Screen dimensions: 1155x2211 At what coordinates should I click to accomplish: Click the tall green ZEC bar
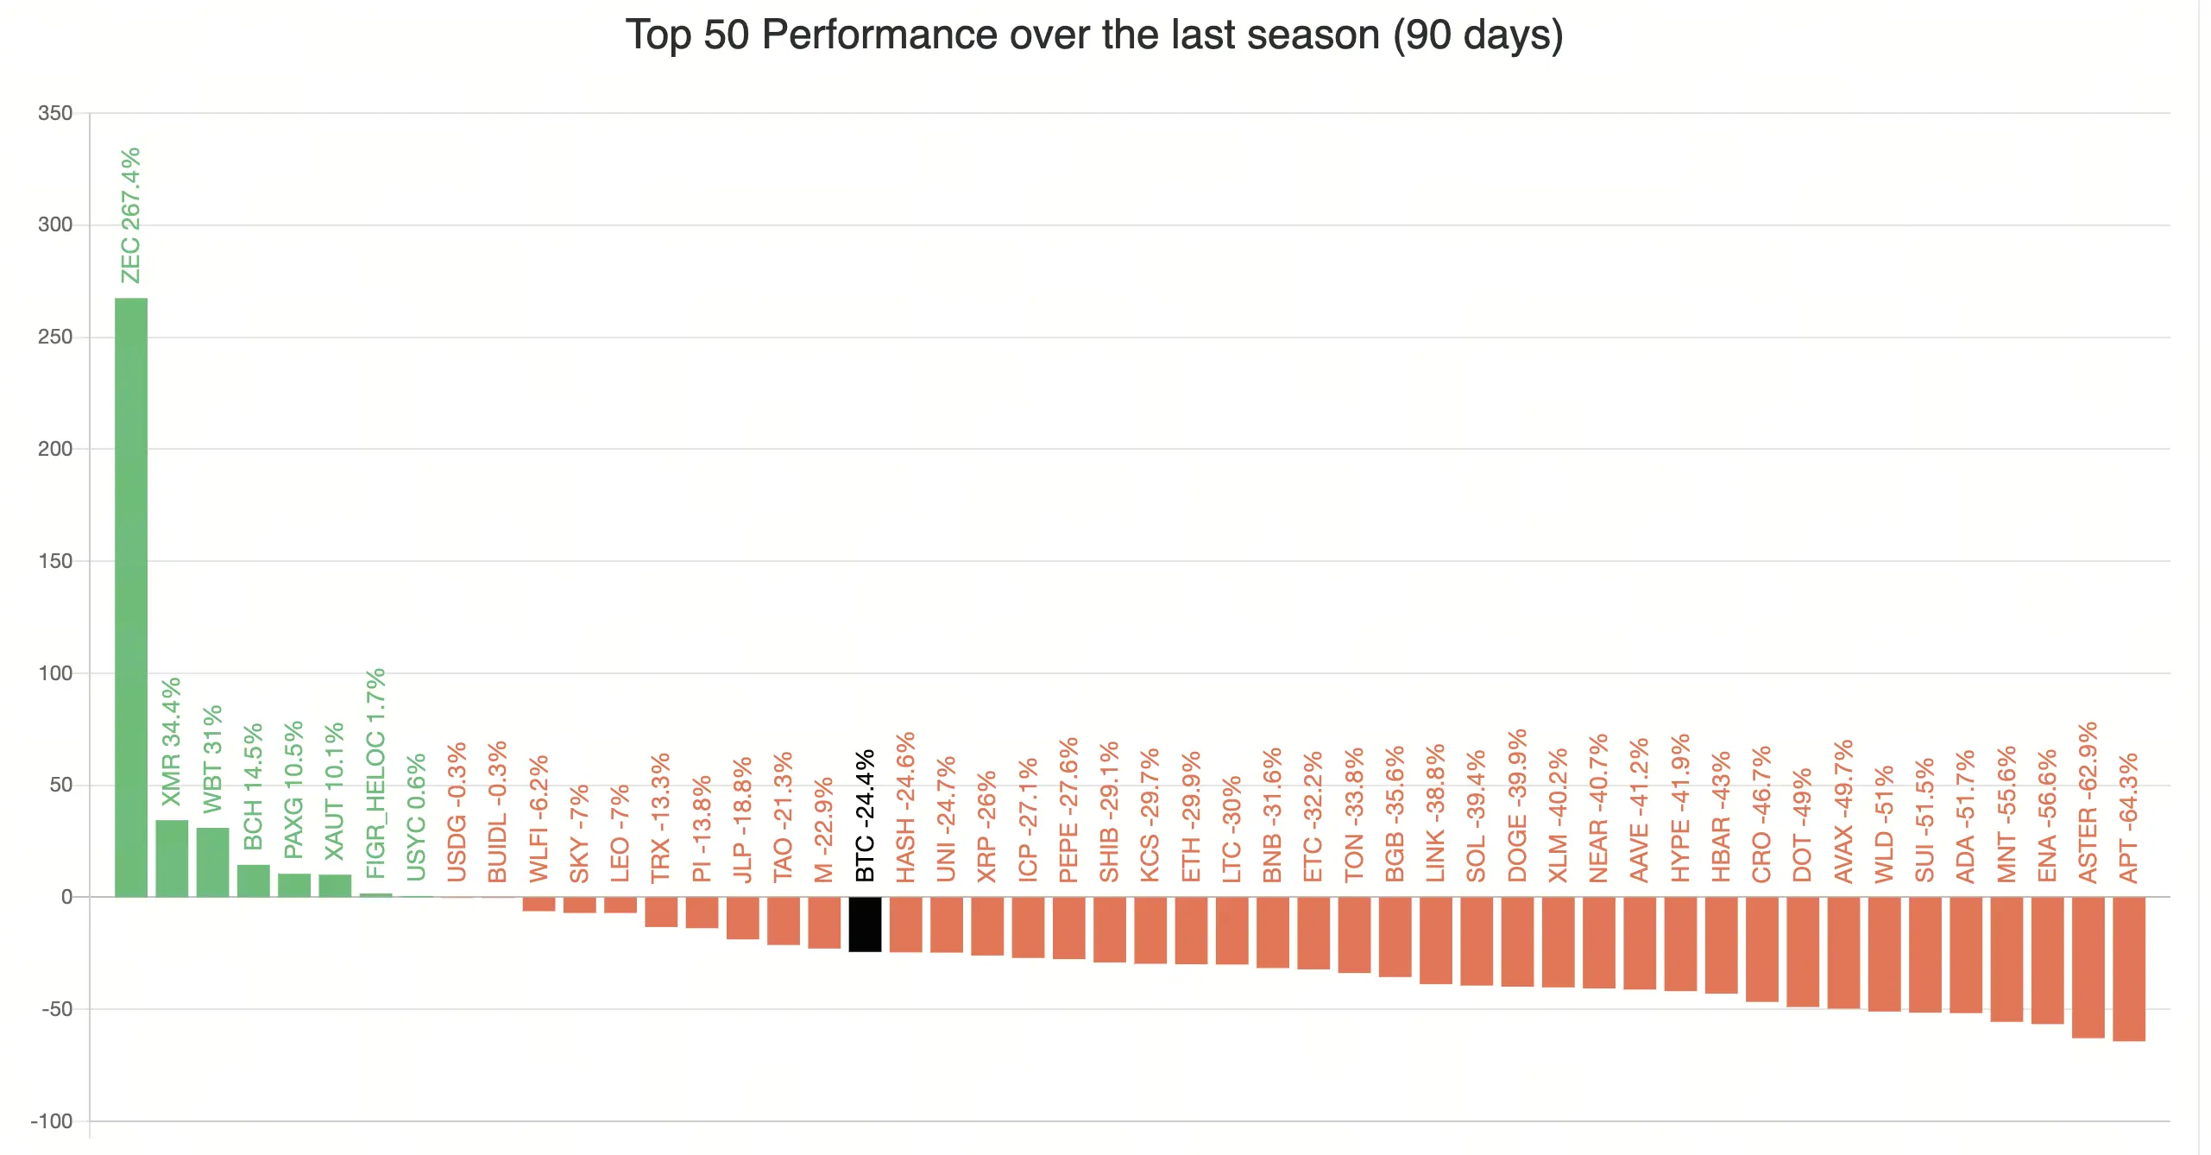[x=131, y=597]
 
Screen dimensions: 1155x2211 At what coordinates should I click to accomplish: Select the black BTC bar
[x=865, y=924]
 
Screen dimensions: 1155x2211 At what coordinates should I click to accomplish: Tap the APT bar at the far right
[x=2128, y=969]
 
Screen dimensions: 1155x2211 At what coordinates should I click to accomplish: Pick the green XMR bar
[x=172, y=858]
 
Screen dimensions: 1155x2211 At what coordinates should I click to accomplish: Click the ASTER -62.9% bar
[x=2088, y=967]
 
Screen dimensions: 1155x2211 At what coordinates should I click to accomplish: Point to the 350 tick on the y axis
[x=55, y=113]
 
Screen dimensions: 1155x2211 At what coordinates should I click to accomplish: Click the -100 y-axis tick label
[x=52, y=1120]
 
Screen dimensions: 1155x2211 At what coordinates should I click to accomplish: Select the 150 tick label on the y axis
[x=55, y=561]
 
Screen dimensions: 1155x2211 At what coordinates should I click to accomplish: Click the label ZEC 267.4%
[x=130, y=216]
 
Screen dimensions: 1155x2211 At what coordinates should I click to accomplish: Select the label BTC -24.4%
[x=865, y=816]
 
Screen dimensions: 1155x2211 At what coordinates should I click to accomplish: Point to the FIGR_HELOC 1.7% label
[x=375, y=773]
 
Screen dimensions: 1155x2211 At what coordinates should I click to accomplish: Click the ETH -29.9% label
[x=1191, y=817]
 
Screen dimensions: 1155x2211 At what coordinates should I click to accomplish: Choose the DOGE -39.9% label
[x=1517, y=805]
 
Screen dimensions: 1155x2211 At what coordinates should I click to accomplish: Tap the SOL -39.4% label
[x=1477, y=816]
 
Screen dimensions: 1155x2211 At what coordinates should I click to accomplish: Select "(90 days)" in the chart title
[x=1477, y=36]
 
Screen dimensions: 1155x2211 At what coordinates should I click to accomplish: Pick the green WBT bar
[x=212, y=862]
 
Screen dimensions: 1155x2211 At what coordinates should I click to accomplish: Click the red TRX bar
[x=661, y=912]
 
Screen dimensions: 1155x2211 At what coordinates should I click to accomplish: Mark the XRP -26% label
[x=986, y=826]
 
